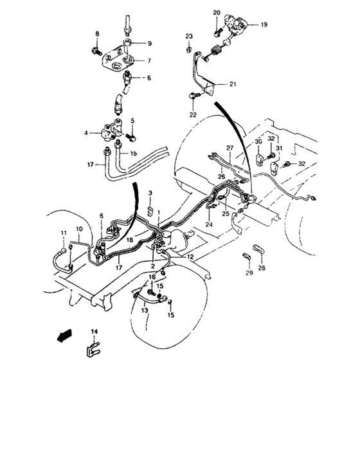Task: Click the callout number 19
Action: tap(263, 24)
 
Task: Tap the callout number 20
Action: tap(216, 13)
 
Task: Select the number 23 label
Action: tap(189, 35)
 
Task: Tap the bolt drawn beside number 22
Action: tap(194, 96)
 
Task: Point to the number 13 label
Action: tap(145, 310)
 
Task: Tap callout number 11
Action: tap(63, 232)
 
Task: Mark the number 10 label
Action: tap(78, 230)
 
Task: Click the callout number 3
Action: tap(149, 193)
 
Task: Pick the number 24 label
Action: tap(209, 224)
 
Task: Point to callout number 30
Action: tap(257, 141)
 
